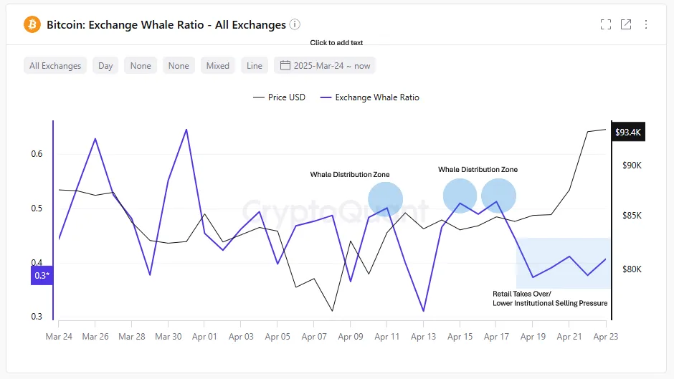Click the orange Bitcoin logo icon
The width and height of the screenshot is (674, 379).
click(32, 24)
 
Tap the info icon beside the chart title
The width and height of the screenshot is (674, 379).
click(295, 24)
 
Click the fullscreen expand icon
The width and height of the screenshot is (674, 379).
click(606, 24)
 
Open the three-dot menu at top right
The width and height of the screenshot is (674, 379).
click(646, 24)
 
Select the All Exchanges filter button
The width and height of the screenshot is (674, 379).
click(55, 66)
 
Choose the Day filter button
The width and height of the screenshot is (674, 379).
click(105, 66)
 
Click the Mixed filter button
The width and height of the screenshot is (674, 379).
click(218, 66)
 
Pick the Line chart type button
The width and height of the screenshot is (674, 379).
click(255, 66)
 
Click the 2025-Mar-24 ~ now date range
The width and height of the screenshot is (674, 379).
click(325, 66)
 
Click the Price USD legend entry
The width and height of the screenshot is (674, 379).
click(279, 97)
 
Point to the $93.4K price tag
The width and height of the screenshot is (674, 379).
click(628, 133)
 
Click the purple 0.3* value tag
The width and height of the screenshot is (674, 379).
click(42, 276)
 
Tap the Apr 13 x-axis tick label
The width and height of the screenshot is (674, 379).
click(423, 336)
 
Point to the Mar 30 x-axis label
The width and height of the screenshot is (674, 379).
click(168, 336)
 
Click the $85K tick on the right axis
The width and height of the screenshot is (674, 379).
click(632, 216)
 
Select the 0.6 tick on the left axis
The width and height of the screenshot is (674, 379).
click(37, 154)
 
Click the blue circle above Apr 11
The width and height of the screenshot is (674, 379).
click(386, 199)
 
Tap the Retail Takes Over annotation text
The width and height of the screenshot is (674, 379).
click(549, 299)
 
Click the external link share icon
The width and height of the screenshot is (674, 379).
click(626, 24)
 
